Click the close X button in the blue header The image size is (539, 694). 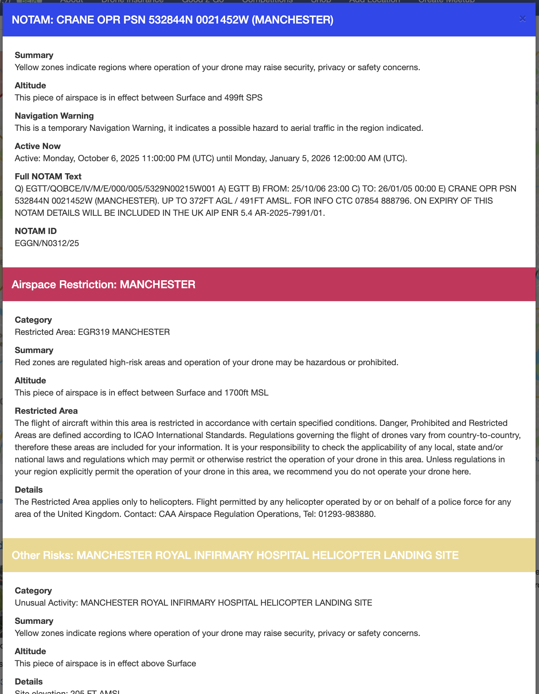pos(522,19)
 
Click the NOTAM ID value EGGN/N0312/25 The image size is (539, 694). pos(47,243)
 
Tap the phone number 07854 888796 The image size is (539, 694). pos(383,201)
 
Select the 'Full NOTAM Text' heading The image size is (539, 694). pos(48,176)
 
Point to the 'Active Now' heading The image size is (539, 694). pos(38,146)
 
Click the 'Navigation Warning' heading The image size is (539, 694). pos(54,116)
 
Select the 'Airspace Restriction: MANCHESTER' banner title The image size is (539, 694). pos(103,284)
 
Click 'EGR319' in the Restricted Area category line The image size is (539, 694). pos(94,332)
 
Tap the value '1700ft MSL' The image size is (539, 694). pos(246,393)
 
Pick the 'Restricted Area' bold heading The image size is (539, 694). pos(46,411)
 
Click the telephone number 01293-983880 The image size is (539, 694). pos(346,514)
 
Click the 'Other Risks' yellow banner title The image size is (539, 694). pos(235,555)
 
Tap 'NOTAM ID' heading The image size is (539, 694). pos(36,231)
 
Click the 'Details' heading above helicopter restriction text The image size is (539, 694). pos(29,490)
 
